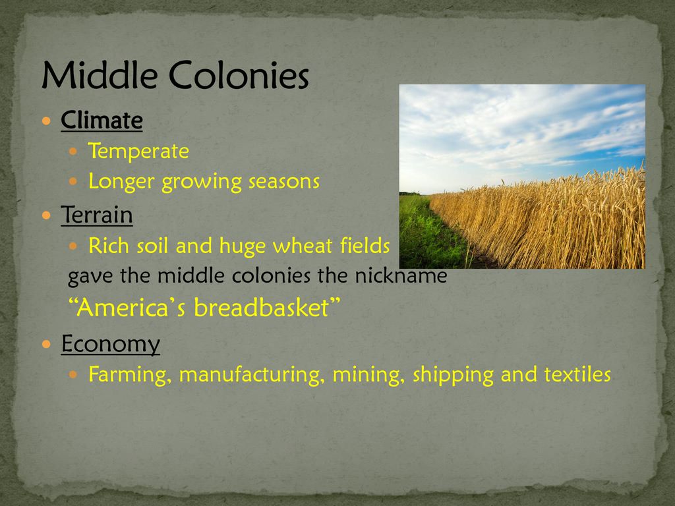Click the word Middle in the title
100,75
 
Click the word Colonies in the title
239,75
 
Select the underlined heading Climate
102,120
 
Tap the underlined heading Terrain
97,215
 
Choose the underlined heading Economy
111,345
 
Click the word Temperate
138,152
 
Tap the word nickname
401,276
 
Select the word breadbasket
261,307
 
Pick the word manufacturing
252,375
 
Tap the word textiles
577,374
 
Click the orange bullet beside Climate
47,121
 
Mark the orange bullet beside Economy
47,344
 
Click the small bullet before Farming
73,375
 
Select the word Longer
121,182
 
